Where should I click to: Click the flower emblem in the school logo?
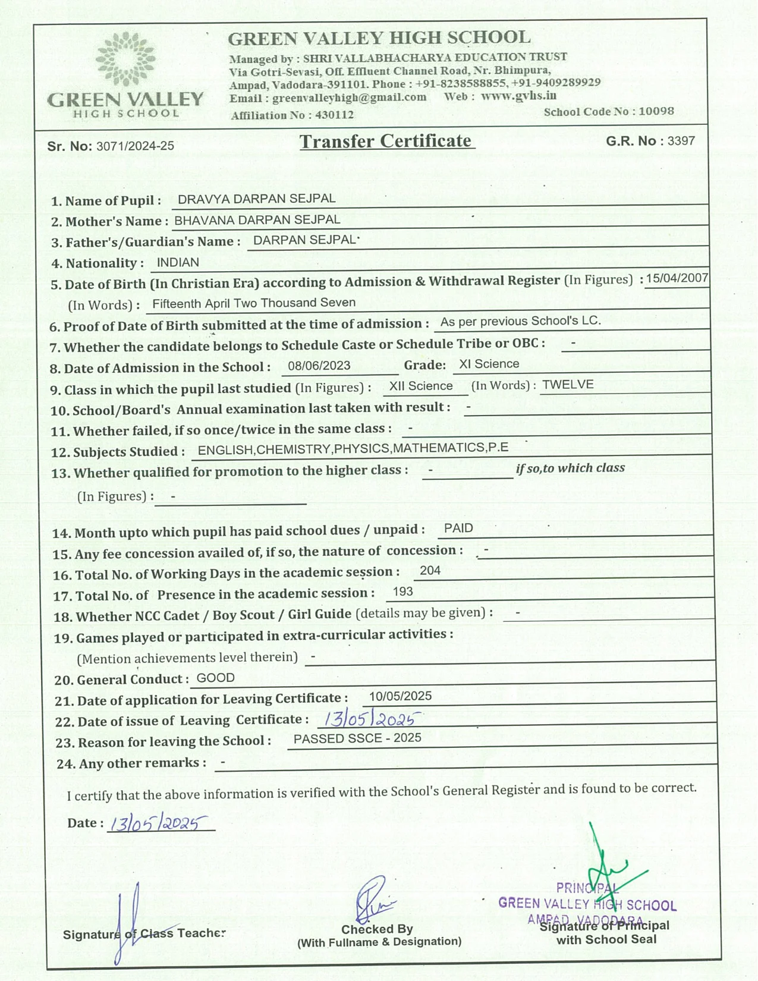click(125, 59)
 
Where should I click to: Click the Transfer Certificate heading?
click(386, 142)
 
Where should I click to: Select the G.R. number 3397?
click(681, 141)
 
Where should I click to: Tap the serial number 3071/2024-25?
click(135, 146)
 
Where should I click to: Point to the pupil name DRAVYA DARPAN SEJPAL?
click(256, 199)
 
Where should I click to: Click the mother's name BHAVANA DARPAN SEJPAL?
click(257, 220)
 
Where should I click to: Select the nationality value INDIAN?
click(178, 262)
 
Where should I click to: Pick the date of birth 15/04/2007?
click(677, 278)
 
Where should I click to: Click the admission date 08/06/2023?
click(319, 366)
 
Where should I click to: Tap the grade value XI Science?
click(489, 364)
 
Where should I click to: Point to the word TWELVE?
click(568, 385)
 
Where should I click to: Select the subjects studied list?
click(353, 448)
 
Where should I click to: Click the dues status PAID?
click(458, 529)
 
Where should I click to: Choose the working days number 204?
click(430, 571)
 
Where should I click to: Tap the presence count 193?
click(402, 592)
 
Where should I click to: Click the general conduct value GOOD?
click(215, 678)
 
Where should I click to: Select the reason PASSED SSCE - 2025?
click(357, 738)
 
